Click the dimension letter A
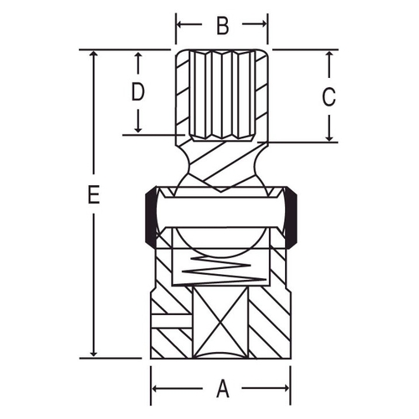[223, 388]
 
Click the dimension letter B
[223, 25]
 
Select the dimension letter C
[328, 97]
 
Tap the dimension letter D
[137, 91]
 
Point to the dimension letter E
[94, 194]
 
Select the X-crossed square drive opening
[220, 323]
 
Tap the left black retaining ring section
[151, 217]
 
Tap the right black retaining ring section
[291, 217]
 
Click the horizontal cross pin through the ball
[220, 212]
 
